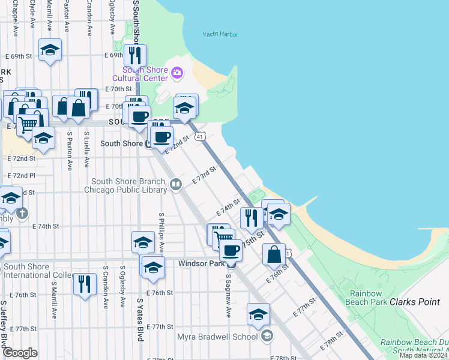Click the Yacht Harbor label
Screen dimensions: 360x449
(x=220, y=34)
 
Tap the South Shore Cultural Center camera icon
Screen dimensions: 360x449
(x=176, y=73)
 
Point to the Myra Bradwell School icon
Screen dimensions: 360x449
(x=267, y=336)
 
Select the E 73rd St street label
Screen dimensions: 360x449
(x=204, y=176)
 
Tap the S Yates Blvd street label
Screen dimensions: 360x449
(x=140, y=320)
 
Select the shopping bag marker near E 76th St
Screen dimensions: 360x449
(x=274, y=254)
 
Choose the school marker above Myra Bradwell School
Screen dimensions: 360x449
(x=258, y=314)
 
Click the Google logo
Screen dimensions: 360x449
(x=20, y=353)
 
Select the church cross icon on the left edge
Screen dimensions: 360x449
(x=22, y=213)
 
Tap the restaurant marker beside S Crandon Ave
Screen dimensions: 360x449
(x=85, y=284)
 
